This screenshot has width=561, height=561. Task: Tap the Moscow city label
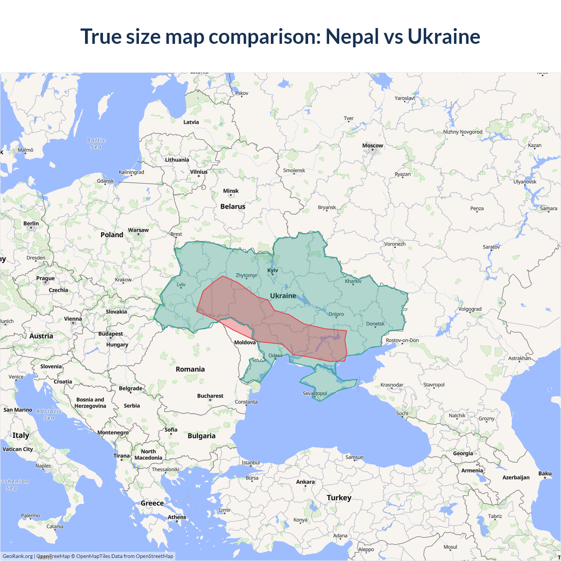[x=373, y=146]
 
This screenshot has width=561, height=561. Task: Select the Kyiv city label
[x=273, y=270]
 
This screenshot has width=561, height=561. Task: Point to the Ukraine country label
[x=283, y=296]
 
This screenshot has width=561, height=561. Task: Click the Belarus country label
[x=233, y=206]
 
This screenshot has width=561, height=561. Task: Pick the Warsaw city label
[x=138, y=230]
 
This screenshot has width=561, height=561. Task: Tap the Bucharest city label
[x=210, y=396]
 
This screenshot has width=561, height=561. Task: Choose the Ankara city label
[x=305, y=482]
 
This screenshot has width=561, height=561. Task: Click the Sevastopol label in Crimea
[x=315, y=393]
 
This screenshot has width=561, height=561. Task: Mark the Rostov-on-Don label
[x=402, y=340]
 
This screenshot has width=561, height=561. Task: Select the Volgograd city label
[x=470, y=309]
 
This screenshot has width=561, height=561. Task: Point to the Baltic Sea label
[x=96, y=143]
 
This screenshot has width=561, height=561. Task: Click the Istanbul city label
[x=251, y=462]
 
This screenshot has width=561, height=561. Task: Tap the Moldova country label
[x=245, y=342]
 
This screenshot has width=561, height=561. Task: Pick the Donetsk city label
[x=375, y=324]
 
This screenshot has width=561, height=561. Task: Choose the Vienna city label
[x=73, y=319]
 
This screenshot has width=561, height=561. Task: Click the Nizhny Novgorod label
[x=462, y=132]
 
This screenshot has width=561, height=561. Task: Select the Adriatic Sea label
[x=49, y=414]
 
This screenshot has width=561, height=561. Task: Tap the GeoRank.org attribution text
[x=18, y=556]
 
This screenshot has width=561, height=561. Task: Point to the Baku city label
[x=545, y=473]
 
